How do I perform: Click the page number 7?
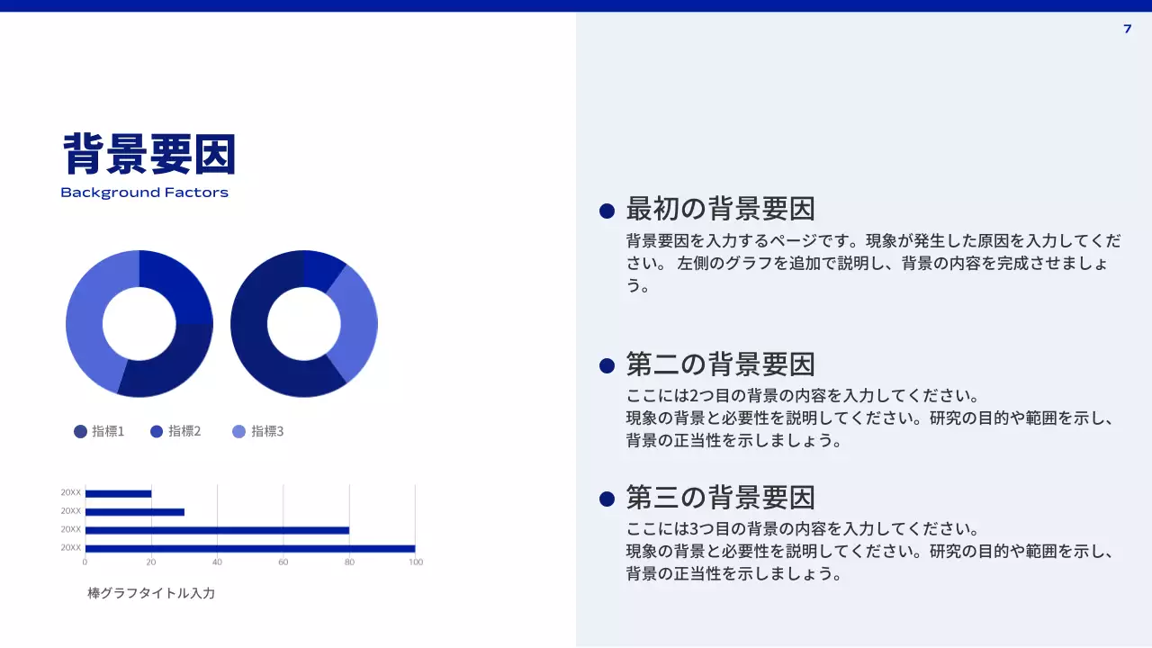[x=1127, y=29]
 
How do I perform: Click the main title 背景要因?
[x=149, y=154]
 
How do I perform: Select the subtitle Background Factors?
[x=144, y=193]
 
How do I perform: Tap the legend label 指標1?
[x=108, y=431]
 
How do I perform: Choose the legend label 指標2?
[x=184, y=431]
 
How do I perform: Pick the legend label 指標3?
[x=267, y=431]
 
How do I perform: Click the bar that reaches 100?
[x=249, y=548]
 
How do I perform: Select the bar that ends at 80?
[x=216, y=530]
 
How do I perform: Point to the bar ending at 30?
[x=134, y=512]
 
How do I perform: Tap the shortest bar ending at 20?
[x=118, y=493]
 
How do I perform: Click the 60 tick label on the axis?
[x=283, y=562]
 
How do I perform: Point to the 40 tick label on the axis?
[x=217, y=562]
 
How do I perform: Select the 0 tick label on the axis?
[x=85, y=562]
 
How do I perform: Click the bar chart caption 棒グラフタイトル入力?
[x=151, y=593]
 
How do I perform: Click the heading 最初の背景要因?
[x=720, y=209]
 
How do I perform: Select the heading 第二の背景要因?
[x=720, y=364]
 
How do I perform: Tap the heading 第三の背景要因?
[x=720, y=497]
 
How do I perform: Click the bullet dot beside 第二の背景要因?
[x=607, y=365]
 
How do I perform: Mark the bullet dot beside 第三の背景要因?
[x=607, y=499]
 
